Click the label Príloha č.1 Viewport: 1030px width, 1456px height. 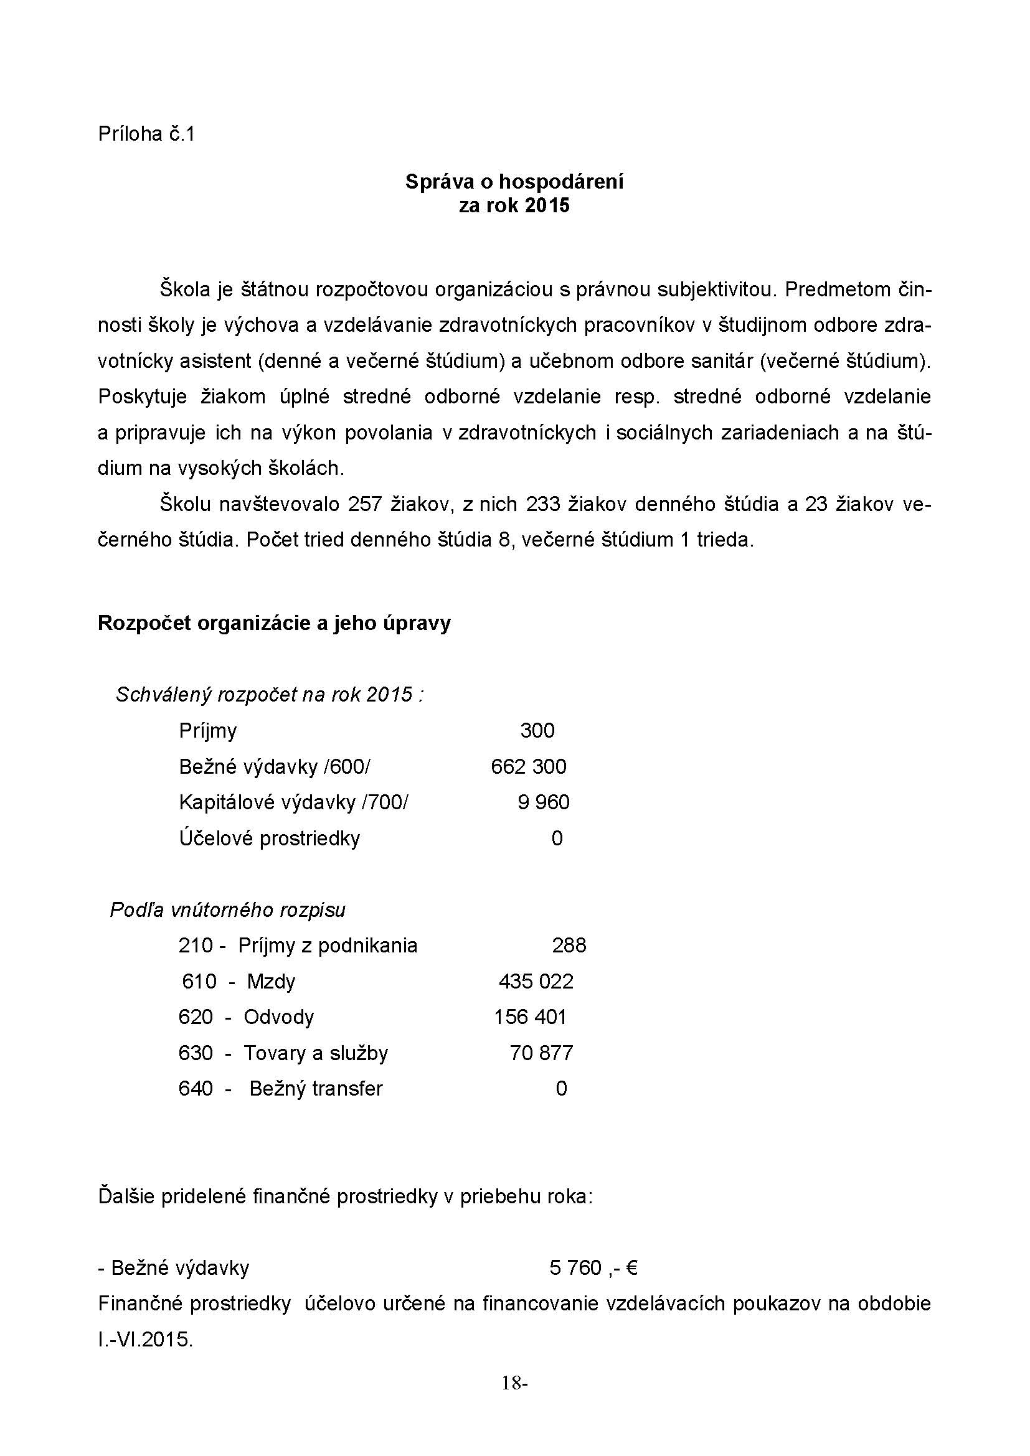coord(146,134)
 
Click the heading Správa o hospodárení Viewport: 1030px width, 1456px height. coord(514,182)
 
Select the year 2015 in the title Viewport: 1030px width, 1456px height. coord(547,206)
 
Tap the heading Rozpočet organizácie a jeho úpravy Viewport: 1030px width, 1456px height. coord(274,622)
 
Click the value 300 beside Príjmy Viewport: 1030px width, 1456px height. coord(537,731)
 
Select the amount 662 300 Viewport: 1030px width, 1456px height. coord(528,767)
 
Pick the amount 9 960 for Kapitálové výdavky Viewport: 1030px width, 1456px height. coord(544,802)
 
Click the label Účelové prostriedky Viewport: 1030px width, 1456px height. coord(270,838)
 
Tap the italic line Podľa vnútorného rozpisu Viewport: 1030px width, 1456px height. coord(228,910)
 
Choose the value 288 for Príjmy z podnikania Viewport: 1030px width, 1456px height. coord(569,946)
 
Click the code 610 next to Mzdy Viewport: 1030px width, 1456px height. coord(199,982)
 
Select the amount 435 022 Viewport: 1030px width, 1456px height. coord(536,982)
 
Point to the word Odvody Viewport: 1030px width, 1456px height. coord(278,1017)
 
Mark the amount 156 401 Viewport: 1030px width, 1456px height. coord(530,1017)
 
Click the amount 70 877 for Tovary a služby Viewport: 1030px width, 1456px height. coord(541,1053)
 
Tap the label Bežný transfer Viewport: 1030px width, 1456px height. coord(316,1089)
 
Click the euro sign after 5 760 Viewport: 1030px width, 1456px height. coord(631,1267)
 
